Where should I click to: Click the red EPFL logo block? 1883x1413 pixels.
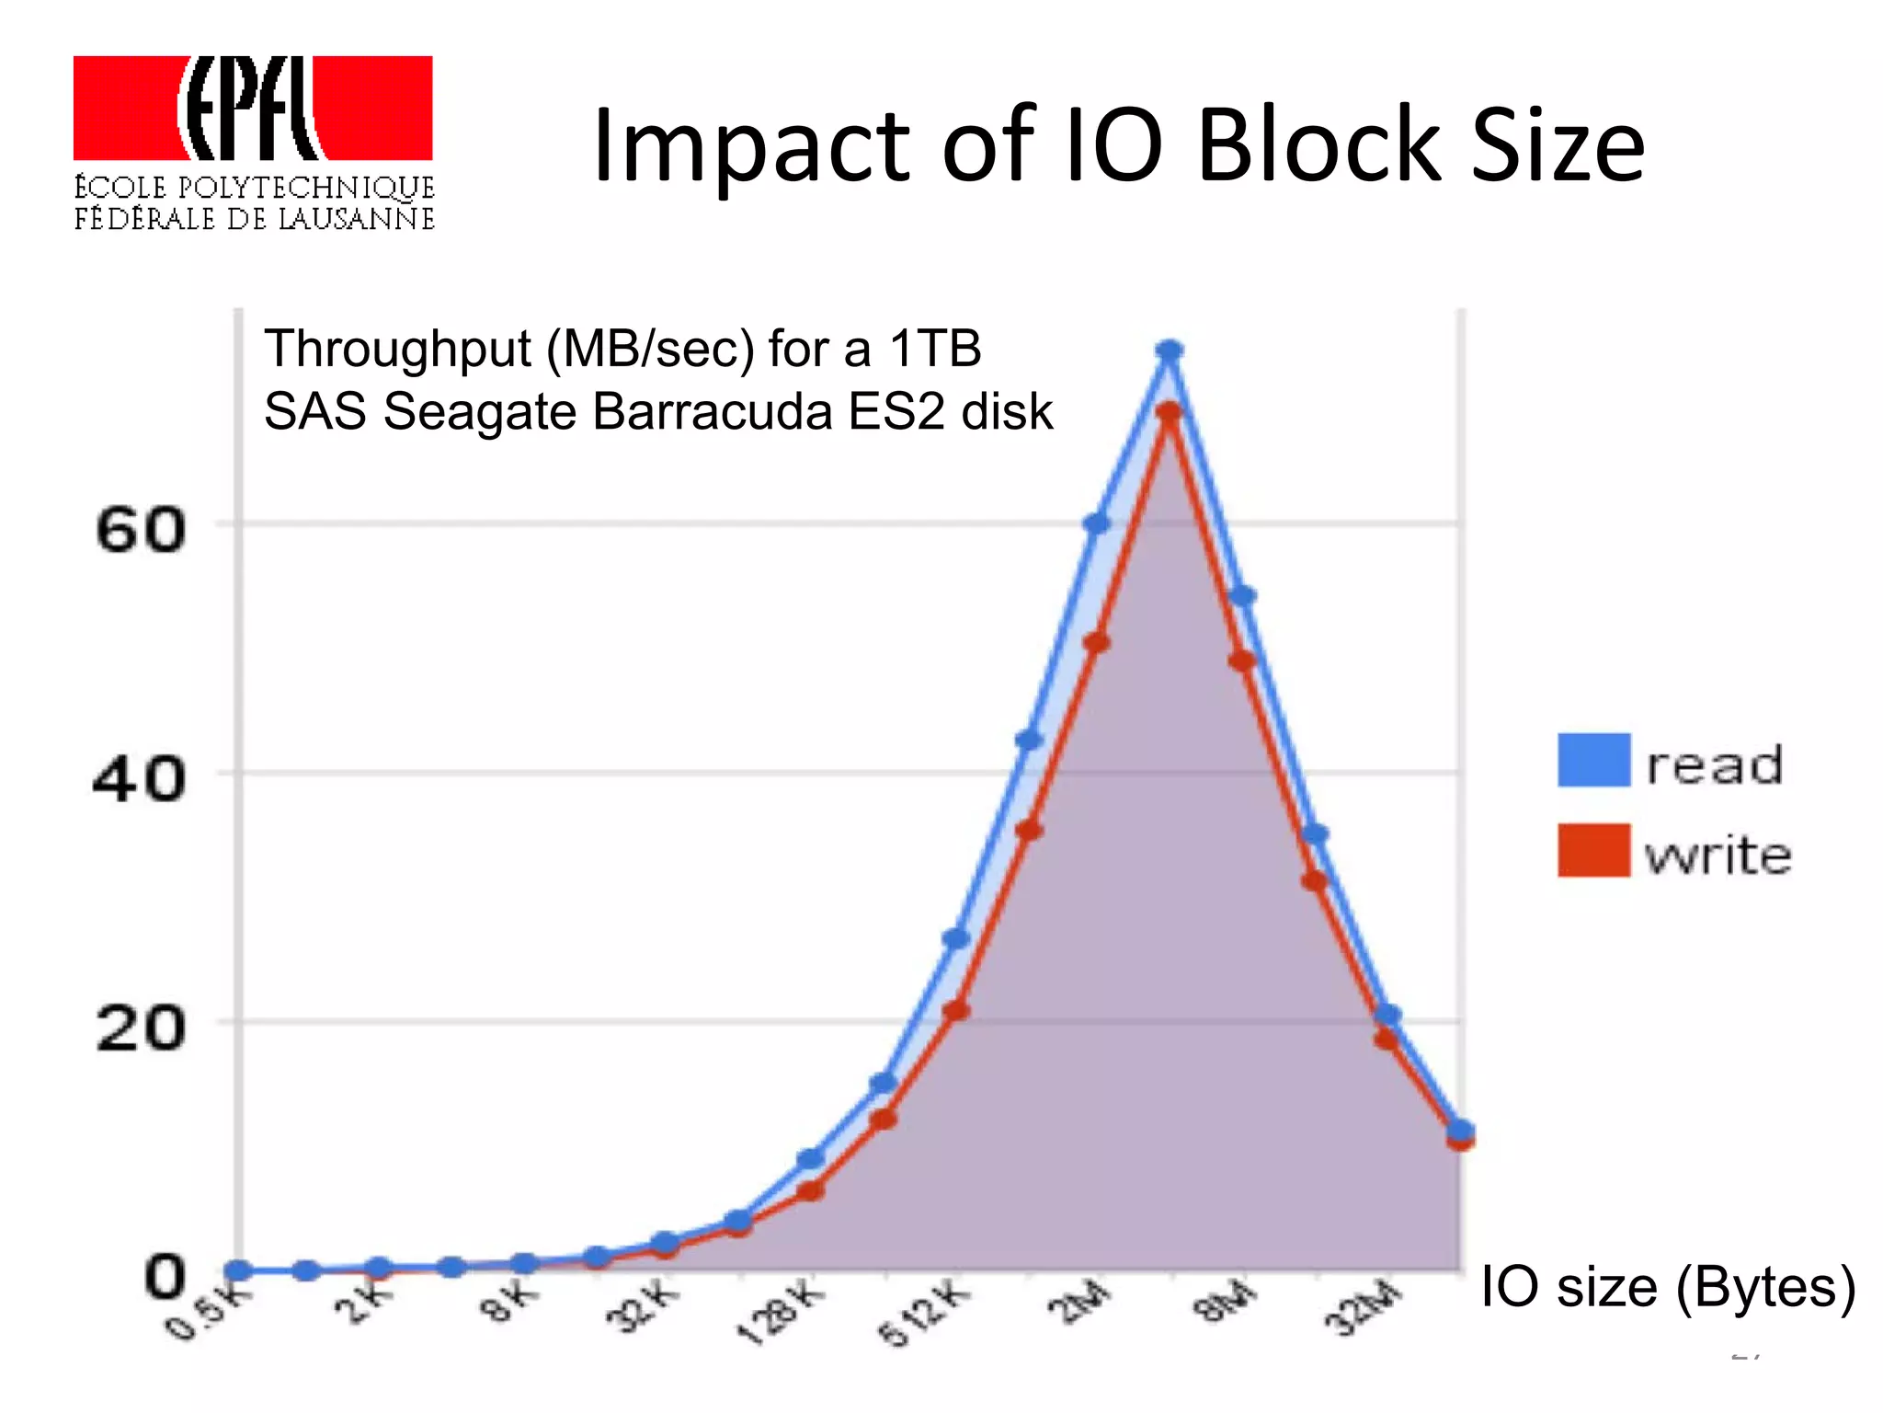coord(253,108)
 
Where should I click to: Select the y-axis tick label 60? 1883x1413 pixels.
coord(140,531)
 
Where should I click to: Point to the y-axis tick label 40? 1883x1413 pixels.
coord(140,779)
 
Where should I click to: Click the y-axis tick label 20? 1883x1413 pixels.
coord(140,1028)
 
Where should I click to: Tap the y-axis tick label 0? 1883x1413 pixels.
coord(165,1277)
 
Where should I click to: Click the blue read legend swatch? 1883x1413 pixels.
coord(1593,760)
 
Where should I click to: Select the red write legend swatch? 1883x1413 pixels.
coord(1593,850)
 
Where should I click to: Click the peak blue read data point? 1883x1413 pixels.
coord(1170,350)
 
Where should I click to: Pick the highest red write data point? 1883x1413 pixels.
coord(1170,412)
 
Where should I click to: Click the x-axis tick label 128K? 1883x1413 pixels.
coord(781,1312)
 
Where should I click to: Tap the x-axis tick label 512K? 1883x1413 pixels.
coord(924,1312)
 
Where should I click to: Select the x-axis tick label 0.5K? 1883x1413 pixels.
coord(208,1311)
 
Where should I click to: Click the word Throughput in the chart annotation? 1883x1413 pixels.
coord(398,349)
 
